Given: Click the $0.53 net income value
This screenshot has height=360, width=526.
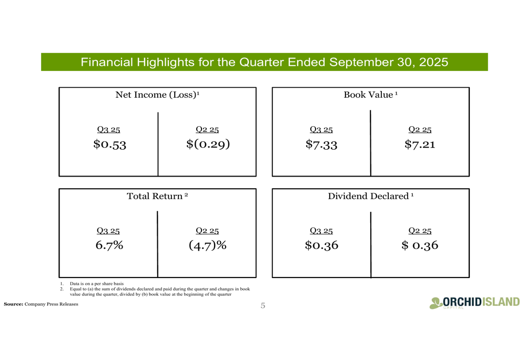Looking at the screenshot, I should pos(109,144).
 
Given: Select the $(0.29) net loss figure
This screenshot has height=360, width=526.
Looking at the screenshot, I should pos(208,144).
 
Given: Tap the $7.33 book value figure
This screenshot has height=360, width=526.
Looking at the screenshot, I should pos(321,144).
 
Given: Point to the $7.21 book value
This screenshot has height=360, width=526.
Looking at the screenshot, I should pos(420,144).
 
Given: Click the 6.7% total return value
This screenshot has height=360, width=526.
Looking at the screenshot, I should pos(109,245).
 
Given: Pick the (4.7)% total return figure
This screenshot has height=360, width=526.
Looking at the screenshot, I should pos(207,245).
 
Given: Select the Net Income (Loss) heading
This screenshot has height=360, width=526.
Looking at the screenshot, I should pos(157,95).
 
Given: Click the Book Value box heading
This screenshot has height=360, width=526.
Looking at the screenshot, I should pos(370,95).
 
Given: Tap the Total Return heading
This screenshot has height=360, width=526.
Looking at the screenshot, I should pos(157,197).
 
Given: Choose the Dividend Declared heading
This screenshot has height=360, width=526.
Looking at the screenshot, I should pos(370,197).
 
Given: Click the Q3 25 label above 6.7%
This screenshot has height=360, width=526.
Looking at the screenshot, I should pos(108,231).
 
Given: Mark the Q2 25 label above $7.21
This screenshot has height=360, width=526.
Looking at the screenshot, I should pos(420,130).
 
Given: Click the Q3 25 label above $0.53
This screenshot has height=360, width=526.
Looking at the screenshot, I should pos(108,130).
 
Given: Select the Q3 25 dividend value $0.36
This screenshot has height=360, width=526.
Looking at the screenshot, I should pos(321,245).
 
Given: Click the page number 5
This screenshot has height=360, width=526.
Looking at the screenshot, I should pos(263,306).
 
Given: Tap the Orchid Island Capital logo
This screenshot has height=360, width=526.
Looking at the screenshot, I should pos(474,303).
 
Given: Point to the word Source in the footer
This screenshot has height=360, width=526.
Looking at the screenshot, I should pos(13,304).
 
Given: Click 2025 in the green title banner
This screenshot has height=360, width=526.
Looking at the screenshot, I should pos(433,63).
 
